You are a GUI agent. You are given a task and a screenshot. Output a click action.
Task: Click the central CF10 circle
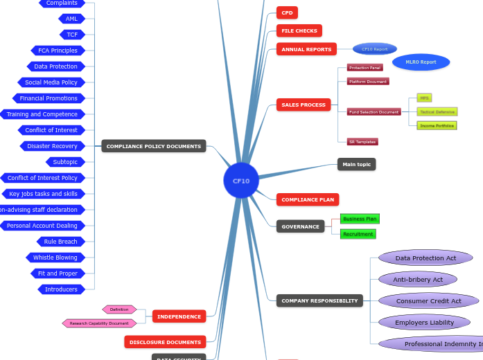pos(241,181)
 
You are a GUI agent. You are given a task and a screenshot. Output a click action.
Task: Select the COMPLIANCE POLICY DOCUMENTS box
pos(154,146)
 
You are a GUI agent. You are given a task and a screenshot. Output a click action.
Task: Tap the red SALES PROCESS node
pos(304,105)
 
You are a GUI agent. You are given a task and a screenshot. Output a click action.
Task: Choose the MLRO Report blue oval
pos(421,62)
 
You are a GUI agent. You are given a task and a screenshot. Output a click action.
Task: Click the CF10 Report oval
pos(374,49)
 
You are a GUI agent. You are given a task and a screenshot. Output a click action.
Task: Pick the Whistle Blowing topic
pos(55,258)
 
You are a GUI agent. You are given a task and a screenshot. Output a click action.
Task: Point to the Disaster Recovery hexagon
pos(52,146)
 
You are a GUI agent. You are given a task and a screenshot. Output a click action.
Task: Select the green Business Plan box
pos(360,219)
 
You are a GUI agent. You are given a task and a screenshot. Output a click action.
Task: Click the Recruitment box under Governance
pos(358,234)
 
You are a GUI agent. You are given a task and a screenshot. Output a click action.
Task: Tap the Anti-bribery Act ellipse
pos(418,280)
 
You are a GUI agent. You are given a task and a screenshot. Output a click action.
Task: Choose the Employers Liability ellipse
pos(424,323)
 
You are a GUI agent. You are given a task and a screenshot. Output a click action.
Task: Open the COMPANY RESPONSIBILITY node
pos(319,300)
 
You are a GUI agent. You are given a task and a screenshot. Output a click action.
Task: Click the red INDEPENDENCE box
pos(179,316)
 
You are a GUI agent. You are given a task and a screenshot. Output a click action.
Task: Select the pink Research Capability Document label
pos(98,323)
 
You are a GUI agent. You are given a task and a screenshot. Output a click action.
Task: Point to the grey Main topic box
pos(356,164)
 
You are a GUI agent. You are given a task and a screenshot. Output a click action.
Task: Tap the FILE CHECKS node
pos(299,30)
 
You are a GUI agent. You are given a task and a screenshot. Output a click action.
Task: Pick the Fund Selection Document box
pos(374,111)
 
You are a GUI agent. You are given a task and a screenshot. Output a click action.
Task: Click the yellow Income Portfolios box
pos(437,125)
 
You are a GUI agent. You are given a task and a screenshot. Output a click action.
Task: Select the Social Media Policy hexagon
pos(51,82)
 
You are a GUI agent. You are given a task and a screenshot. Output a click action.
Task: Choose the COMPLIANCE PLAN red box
pos(308,199)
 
